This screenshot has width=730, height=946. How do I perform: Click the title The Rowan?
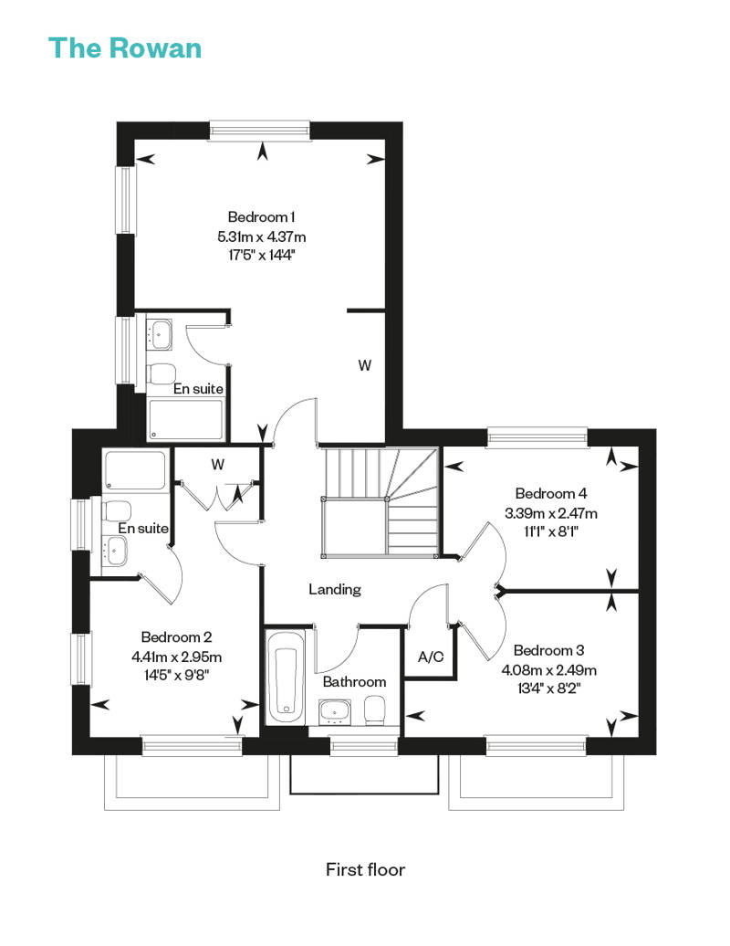[125, 48]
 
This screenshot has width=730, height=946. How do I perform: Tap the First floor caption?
[365, 869]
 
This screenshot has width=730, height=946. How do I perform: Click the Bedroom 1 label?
[261, 216]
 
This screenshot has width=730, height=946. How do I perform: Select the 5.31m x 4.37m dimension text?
[262, 236]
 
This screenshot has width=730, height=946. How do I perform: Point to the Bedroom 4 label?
[551, 493]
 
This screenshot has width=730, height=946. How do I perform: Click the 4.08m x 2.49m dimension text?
[549, 669]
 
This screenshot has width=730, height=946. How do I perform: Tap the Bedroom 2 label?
[176, 637]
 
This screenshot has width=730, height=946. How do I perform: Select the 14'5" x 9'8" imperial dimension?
[176, 675]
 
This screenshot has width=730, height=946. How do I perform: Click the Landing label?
[335, 590]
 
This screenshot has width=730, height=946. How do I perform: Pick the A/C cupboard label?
[431, 657]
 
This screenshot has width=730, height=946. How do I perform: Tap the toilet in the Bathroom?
[374, 709]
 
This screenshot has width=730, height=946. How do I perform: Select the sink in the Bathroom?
[334, 712]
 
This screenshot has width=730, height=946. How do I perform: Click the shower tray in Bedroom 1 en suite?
[185, 419]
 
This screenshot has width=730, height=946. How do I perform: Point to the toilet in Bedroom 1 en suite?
[161, 373]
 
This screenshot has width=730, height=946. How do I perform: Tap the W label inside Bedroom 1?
[365, 365]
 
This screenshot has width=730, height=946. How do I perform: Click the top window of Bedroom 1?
[260, 131]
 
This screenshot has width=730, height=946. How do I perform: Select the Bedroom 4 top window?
[537, 437]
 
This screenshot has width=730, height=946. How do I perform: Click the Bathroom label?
[354, 682]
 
